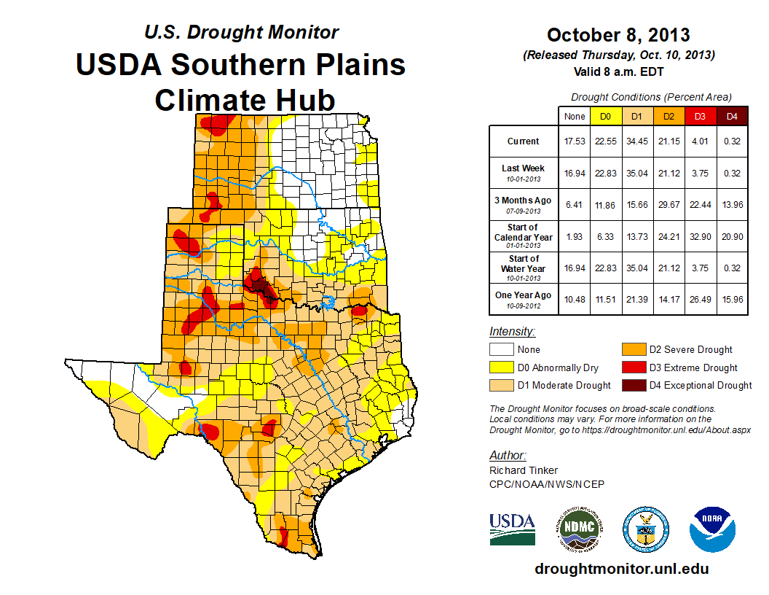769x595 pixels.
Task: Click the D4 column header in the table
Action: point(732,116)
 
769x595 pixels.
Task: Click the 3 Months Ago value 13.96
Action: point(732,205)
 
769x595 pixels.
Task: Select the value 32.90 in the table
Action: point(701,236)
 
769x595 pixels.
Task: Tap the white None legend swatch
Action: point(500,350)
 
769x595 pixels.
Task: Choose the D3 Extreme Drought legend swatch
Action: point(631,367)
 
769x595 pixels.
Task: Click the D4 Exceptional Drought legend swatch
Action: point(631,385)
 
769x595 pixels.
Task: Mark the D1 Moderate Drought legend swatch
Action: point(500,385)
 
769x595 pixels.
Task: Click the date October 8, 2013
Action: point(618,35)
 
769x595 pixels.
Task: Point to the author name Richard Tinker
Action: point(524,470)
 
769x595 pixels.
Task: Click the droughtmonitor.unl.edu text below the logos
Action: point(621,569)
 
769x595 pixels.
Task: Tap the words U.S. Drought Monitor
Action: point(241,32)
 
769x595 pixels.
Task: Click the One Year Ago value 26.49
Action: point(701,299)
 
